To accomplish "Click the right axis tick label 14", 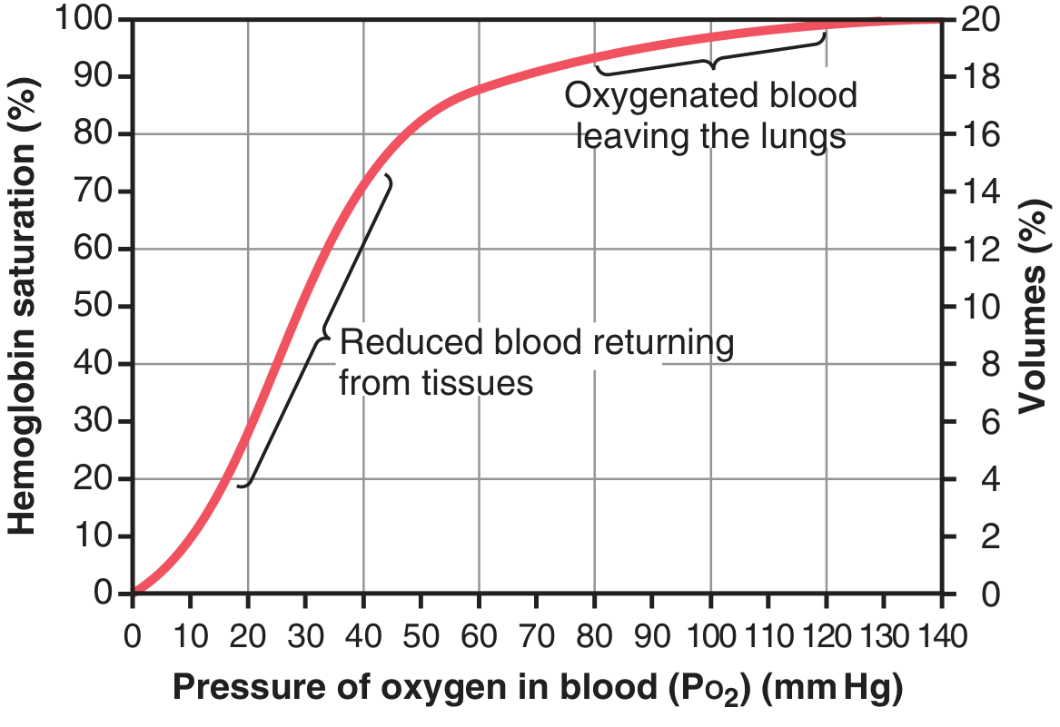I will (975, 192).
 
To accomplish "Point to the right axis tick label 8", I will (966, 364).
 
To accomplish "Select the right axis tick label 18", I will (975, 77).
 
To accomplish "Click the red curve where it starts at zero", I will (135, 592).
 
